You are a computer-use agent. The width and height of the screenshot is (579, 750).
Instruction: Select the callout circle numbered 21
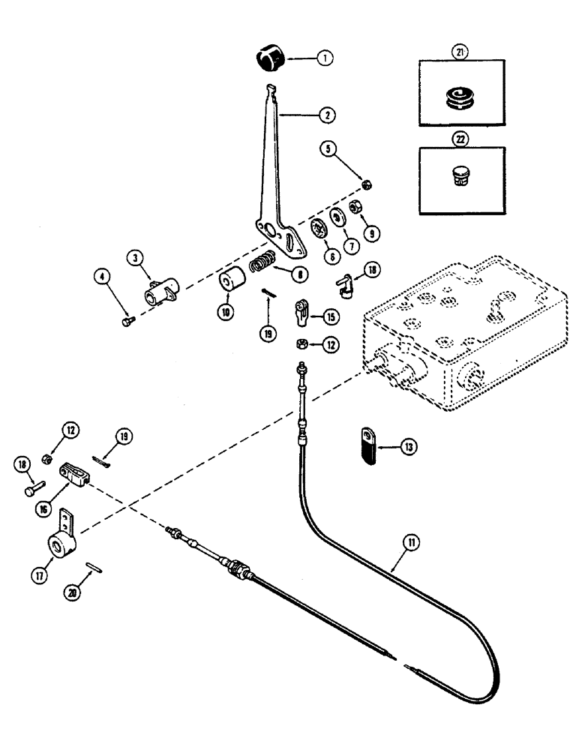click(460, 52)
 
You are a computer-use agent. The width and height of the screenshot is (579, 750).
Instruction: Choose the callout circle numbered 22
click(460, 139)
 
